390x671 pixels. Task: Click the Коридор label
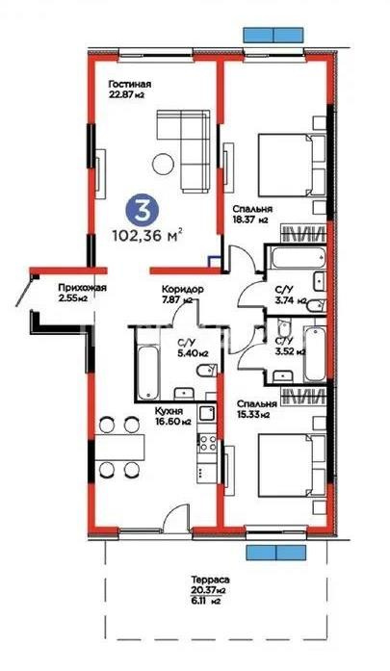[181, 288]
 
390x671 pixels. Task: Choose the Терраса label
[207, 580]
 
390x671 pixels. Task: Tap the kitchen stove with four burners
[205, 444]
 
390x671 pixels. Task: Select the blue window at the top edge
[274, 32]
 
